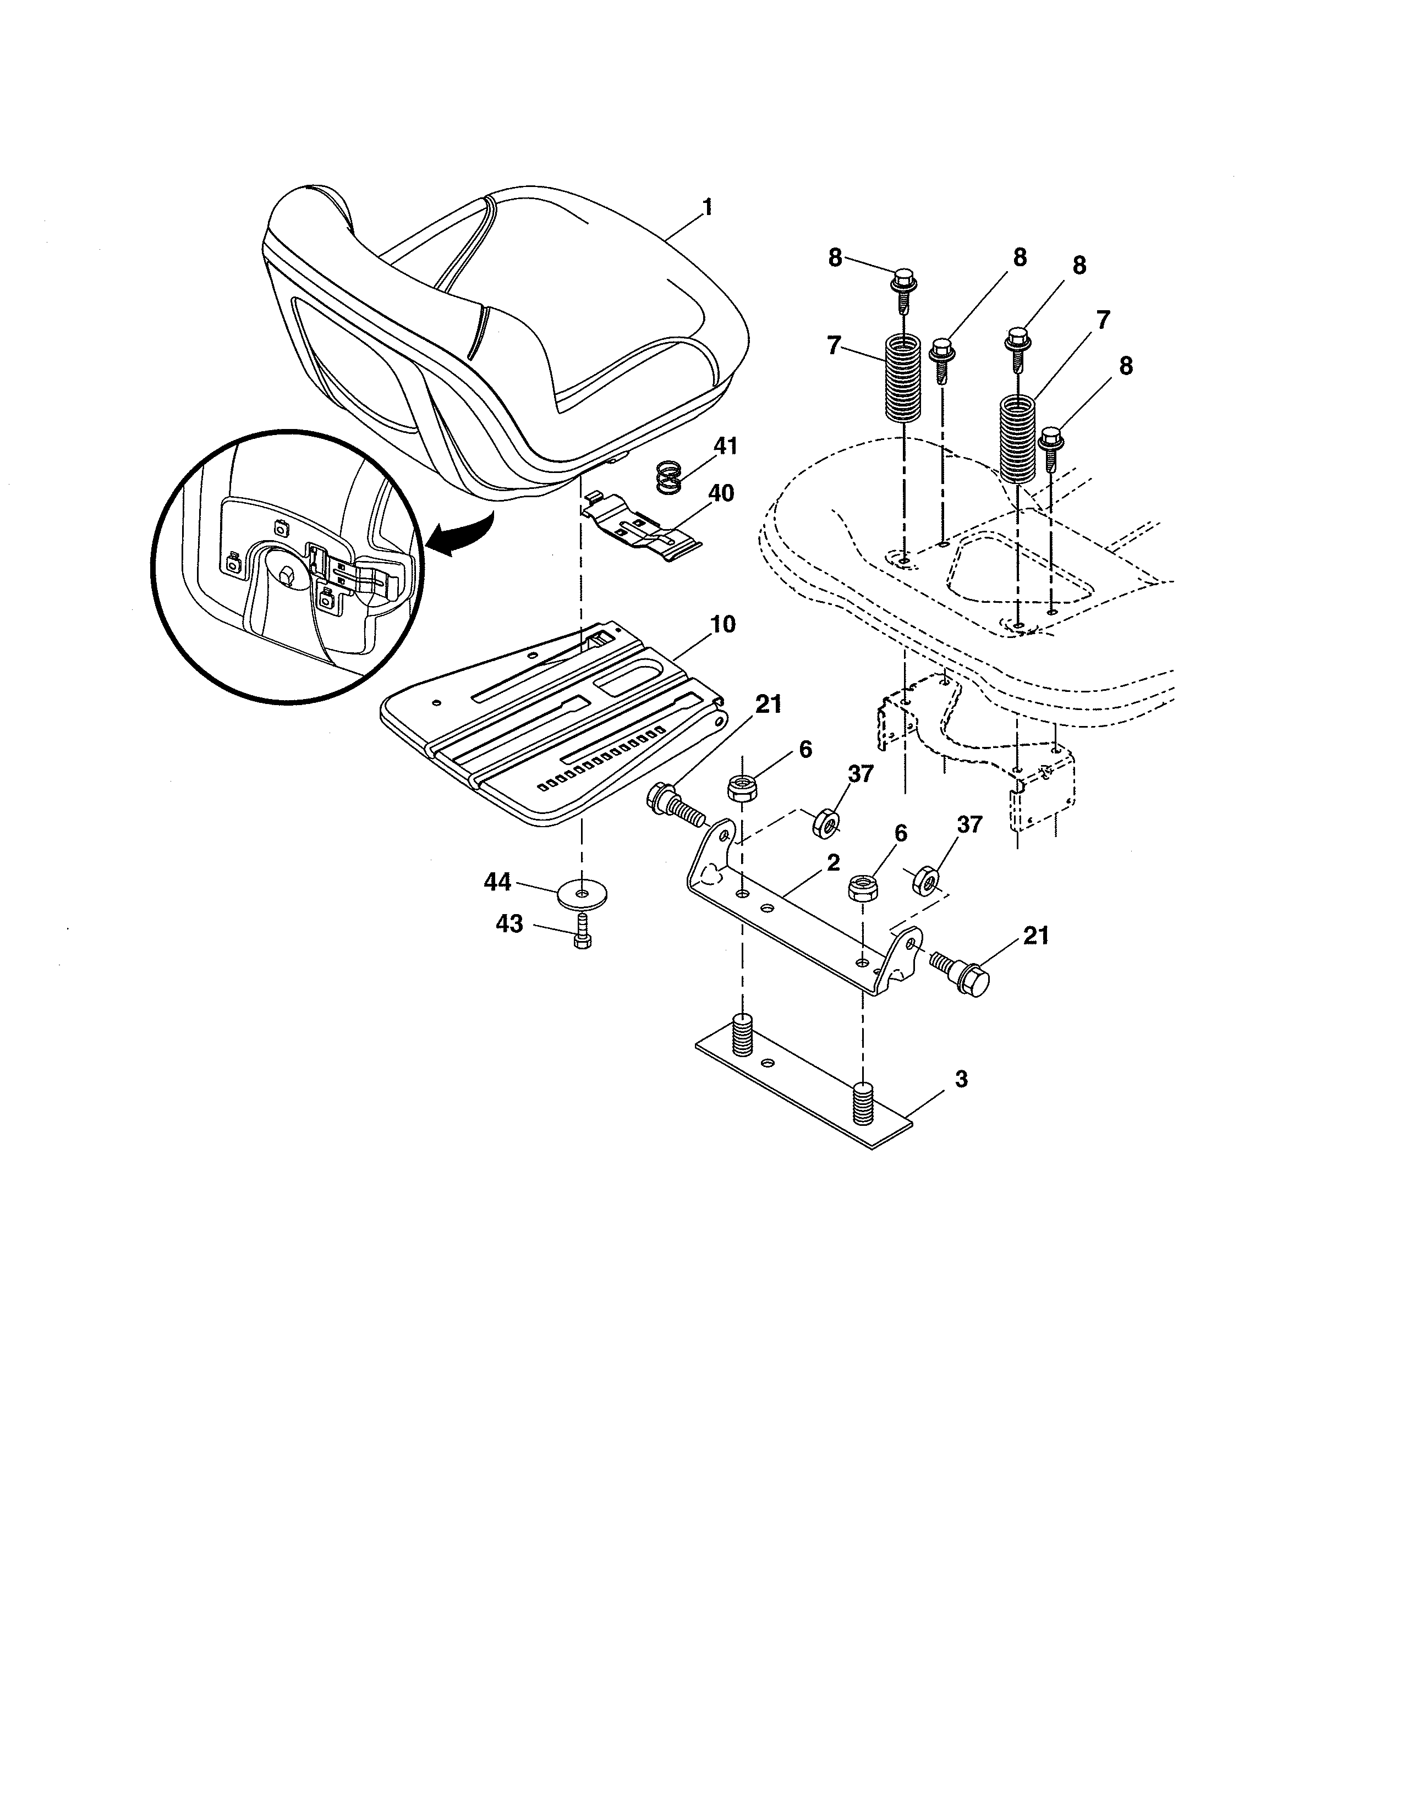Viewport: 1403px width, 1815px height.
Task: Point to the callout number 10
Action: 723,624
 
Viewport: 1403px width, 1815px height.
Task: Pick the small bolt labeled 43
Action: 582,931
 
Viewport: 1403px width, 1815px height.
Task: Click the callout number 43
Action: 509,923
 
